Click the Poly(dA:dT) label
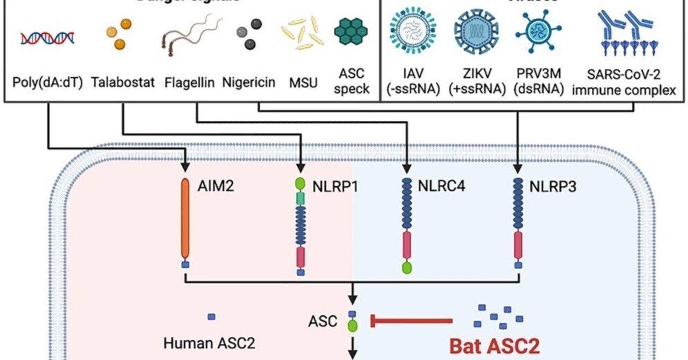(47, 83)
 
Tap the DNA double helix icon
(47, 38)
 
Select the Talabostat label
(123, 83)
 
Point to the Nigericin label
(248, 83)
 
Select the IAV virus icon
(413, 33)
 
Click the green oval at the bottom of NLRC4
(407, 267)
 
